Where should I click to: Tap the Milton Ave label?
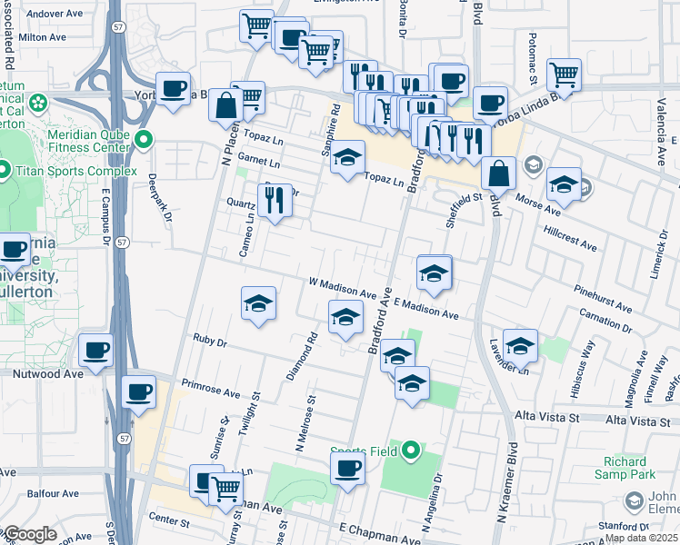(43, 37)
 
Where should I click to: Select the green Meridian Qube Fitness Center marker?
(145, 141)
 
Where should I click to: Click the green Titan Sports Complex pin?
(5, 170)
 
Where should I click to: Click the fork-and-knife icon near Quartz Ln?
(275, 199)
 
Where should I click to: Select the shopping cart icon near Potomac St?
(564, 74)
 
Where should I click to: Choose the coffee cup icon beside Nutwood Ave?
(95, 349)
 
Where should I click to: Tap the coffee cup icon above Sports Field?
(346, 468)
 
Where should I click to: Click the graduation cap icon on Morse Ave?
(564, 185)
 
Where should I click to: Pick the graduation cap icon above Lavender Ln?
(520, 344)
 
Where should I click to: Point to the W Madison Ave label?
(342, 288)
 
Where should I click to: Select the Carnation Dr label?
(605, 321)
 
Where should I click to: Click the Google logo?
(30, 534)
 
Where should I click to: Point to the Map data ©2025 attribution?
(641, 538)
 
